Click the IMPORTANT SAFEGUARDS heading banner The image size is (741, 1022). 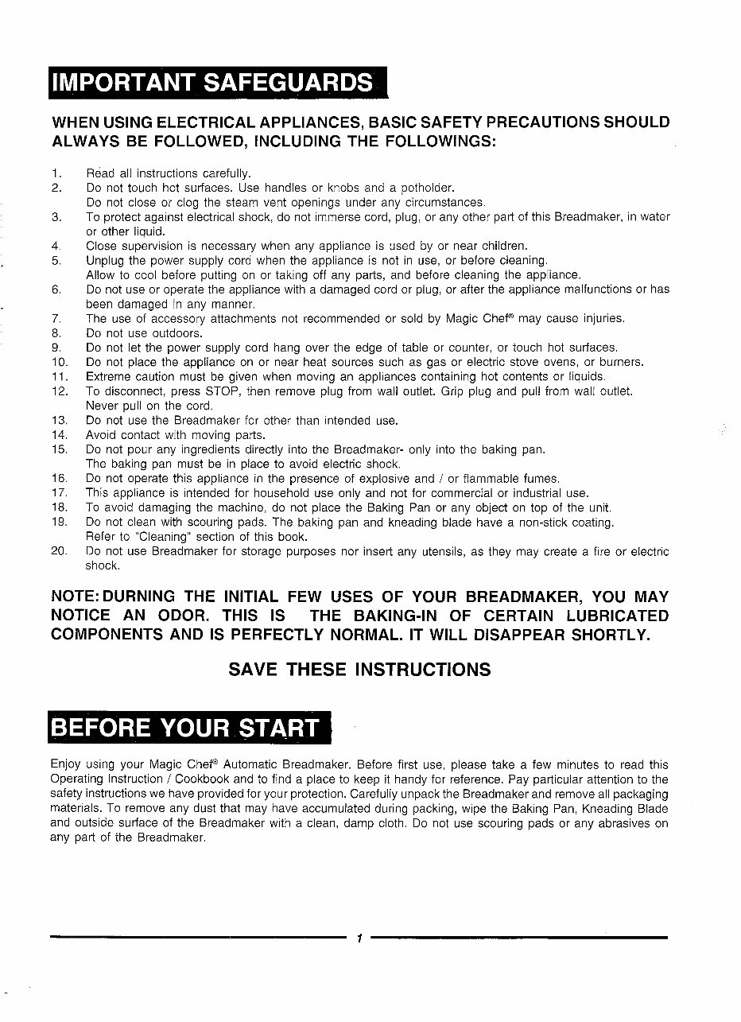217,82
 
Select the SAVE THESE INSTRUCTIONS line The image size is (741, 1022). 359,669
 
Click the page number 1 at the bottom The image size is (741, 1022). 359,938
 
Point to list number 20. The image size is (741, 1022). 58,551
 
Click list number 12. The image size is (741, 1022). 58,391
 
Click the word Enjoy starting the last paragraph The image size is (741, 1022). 65,764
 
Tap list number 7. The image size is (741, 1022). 56,319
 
